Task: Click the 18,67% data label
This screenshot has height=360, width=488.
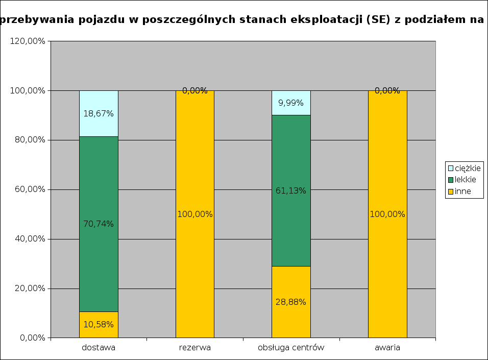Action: click(x=99, y=113)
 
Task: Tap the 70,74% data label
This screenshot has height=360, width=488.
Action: click(x=99, y=224)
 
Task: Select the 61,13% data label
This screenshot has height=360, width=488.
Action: click(x=291, y=191)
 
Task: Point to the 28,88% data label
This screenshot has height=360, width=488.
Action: click(x=291, y=302)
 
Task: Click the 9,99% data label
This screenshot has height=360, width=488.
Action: click(x=291, y=103)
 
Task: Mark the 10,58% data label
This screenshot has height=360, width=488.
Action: click(x=99, y=324)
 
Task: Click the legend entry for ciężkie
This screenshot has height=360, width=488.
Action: click(x=464, y=168)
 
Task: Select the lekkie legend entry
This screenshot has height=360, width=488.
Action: click(x=462, y=180)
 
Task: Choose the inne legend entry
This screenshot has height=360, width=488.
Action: click(x=459, y=191)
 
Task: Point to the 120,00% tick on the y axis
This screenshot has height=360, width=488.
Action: click(x=28, y=41)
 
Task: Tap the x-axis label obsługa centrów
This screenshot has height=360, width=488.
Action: click(x=291, y=348)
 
